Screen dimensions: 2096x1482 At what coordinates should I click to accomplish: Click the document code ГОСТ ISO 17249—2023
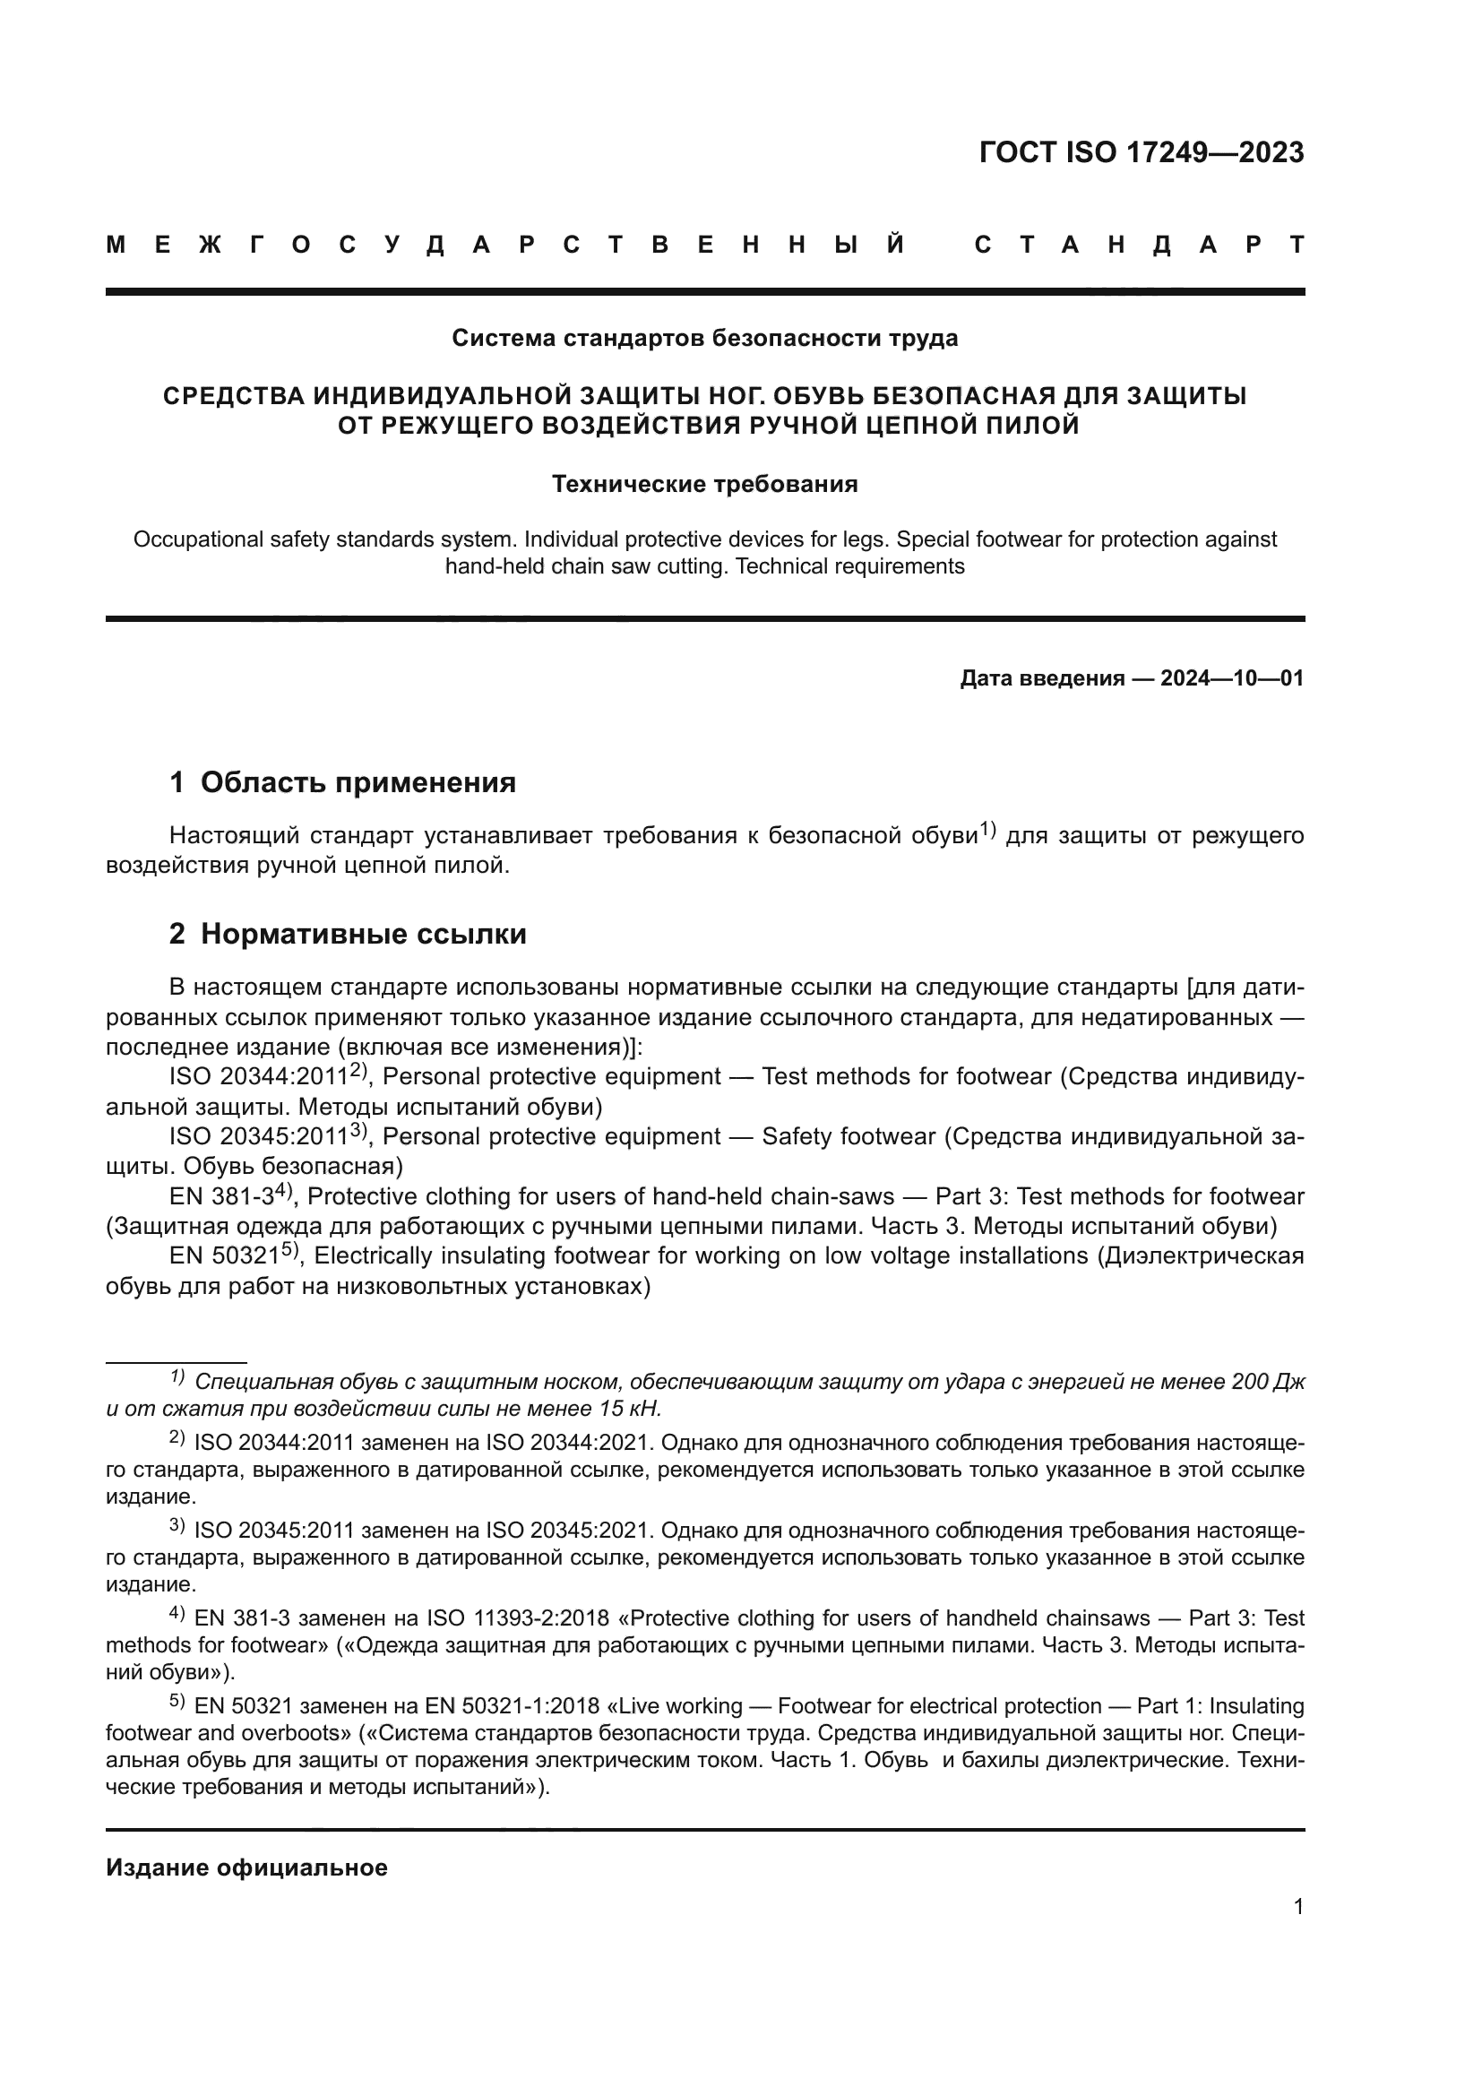coord(1141,152)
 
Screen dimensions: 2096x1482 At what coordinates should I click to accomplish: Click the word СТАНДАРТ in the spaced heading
coord(1139,245)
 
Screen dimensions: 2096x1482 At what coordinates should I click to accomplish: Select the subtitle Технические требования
coord(704,484)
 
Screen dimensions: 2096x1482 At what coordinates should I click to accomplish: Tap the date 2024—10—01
coord(1232,678)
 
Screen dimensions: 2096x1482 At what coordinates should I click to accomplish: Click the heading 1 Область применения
coord(343,782)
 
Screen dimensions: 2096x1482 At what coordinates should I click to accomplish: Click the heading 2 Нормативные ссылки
coord(348,934)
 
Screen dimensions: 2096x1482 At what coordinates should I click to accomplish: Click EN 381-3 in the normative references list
coord(221,1197)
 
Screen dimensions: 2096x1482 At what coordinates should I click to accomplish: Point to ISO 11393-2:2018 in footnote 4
coord(517,1618)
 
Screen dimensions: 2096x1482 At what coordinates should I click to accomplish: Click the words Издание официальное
coord(246,1867)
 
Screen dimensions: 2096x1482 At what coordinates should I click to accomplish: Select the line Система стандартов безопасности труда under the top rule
coord(704,339)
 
